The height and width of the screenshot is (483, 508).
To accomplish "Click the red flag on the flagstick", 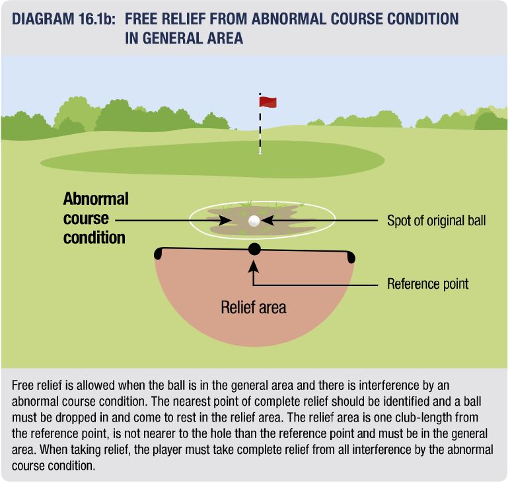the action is [268, 102].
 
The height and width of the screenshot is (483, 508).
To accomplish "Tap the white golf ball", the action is [254, 221].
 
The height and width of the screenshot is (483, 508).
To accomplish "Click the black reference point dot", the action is [254, 249].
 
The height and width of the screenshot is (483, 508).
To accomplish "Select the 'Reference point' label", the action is [427, 283].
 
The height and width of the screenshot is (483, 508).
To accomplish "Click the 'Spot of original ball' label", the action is [437, 221].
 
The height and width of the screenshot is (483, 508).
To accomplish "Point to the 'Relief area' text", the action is [254, 307].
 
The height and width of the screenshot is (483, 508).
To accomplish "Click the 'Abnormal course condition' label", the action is [96, 218].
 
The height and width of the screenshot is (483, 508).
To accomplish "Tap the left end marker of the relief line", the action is [158, 253].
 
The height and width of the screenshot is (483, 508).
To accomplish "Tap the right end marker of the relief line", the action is [351, 257].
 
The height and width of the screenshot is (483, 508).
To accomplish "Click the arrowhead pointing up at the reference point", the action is [254, 266].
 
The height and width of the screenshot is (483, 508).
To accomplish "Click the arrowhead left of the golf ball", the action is [225, 221].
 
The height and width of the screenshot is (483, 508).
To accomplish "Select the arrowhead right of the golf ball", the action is [268, 221].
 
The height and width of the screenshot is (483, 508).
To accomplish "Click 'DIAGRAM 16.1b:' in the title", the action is [63, 19].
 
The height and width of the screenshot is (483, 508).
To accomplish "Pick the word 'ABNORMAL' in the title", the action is [289, 19].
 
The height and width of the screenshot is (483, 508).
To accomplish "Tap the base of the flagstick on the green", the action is [260, 152].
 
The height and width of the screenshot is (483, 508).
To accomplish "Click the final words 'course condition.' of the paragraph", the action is [54, 466].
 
